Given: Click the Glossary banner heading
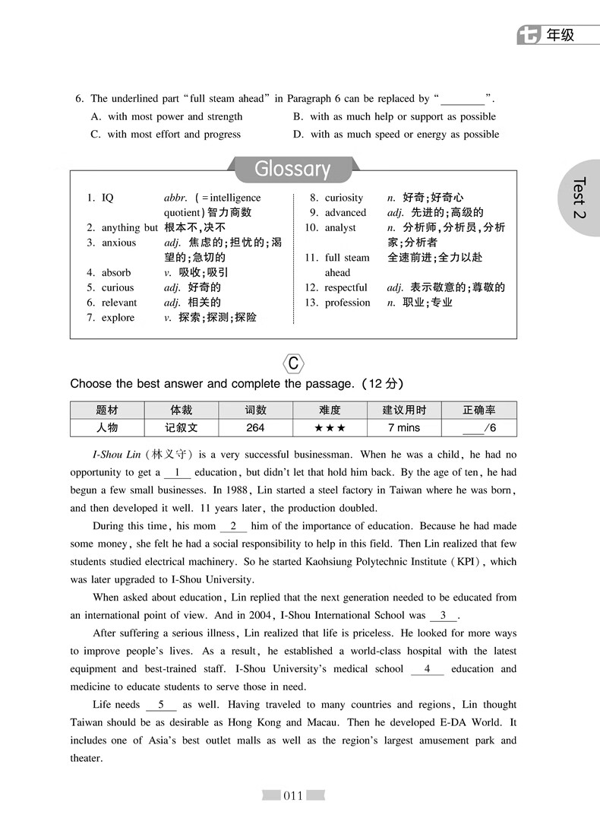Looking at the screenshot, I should coord(292,169).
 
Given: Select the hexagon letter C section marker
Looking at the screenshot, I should coord(293,363).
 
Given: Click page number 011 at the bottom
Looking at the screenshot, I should coord(293,796).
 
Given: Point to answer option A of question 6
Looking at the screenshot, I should coord(166,116).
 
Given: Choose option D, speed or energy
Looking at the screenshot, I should coord(396,135).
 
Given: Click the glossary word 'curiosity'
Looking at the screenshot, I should coord(344,198).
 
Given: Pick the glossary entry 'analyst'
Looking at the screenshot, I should coord(340,227).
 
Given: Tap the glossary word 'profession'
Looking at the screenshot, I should coord(347,303).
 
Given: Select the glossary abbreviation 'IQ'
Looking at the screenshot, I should coord(107,198).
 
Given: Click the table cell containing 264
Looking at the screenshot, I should coord(255,428).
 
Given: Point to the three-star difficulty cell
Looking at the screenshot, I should coord(330,428).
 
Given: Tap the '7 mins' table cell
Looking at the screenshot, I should coord(403,428).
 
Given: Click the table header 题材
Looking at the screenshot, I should coord(107,410).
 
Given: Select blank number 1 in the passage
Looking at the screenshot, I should coord(177,472).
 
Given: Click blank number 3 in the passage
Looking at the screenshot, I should coord(444,615).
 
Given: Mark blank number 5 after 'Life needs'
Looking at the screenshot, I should coord(161,705).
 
